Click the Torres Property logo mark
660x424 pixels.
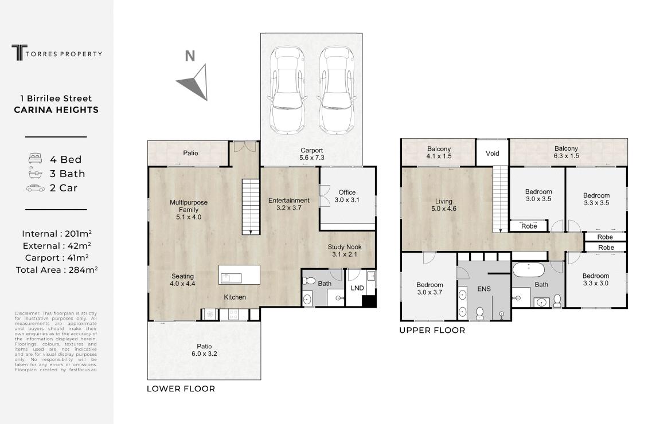coord(19,53)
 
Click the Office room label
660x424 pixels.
coord(347,196)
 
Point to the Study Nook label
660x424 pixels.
coord(344,250)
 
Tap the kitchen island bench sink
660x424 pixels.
coord(231,278)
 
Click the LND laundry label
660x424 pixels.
coord(357,288)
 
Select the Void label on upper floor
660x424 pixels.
coord(493,154)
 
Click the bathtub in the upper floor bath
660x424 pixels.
coord(528,270)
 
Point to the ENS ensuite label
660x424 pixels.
coord(484,289)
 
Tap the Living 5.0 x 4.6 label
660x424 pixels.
coord(444,205)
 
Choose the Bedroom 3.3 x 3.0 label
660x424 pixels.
coord(596,279)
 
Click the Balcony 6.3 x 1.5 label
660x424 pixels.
coord(566,152)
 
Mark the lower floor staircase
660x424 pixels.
coord(251,206)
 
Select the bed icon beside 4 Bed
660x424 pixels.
coord(36,159)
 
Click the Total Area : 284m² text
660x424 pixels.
coord(57,270)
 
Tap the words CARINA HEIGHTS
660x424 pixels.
coord(56,110)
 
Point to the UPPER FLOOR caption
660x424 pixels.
coord(432,330)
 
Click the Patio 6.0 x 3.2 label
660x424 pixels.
coord(204,350)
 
